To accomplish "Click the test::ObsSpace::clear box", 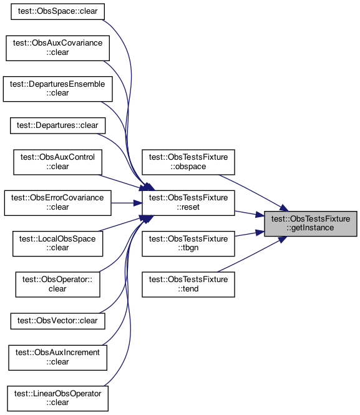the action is (x=57, y=11).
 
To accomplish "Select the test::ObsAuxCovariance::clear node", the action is (x=57, y=48).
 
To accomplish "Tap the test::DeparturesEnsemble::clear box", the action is (x=57, y=89).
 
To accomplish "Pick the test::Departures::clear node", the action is (x=57, y=125).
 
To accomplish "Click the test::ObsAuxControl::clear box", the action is (x=57, y=162).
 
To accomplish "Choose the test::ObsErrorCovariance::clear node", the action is (x=57, y=203).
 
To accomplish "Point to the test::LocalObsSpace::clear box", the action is (x=57, y=244).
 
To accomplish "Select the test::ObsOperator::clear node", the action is (x=57, y=285).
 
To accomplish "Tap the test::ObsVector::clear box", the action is (x=57, y=321).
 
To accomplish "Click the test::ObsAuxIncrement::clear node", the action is (x=57, y=358).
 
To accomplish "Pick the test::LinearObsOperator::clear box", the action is (x=57, y=399).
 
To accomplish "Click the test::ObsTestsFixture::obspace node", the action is (x=188, y=162).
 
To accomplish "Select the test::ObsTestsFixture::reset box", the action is (x=188, y=203).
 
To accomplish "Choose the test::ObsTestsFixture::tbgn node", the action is (x=188, y=244).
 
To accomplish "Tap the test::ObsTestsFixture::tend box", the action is (x=188, y=285).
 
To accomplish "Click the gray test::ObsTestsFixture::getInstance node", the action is (x=311, y=223).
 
